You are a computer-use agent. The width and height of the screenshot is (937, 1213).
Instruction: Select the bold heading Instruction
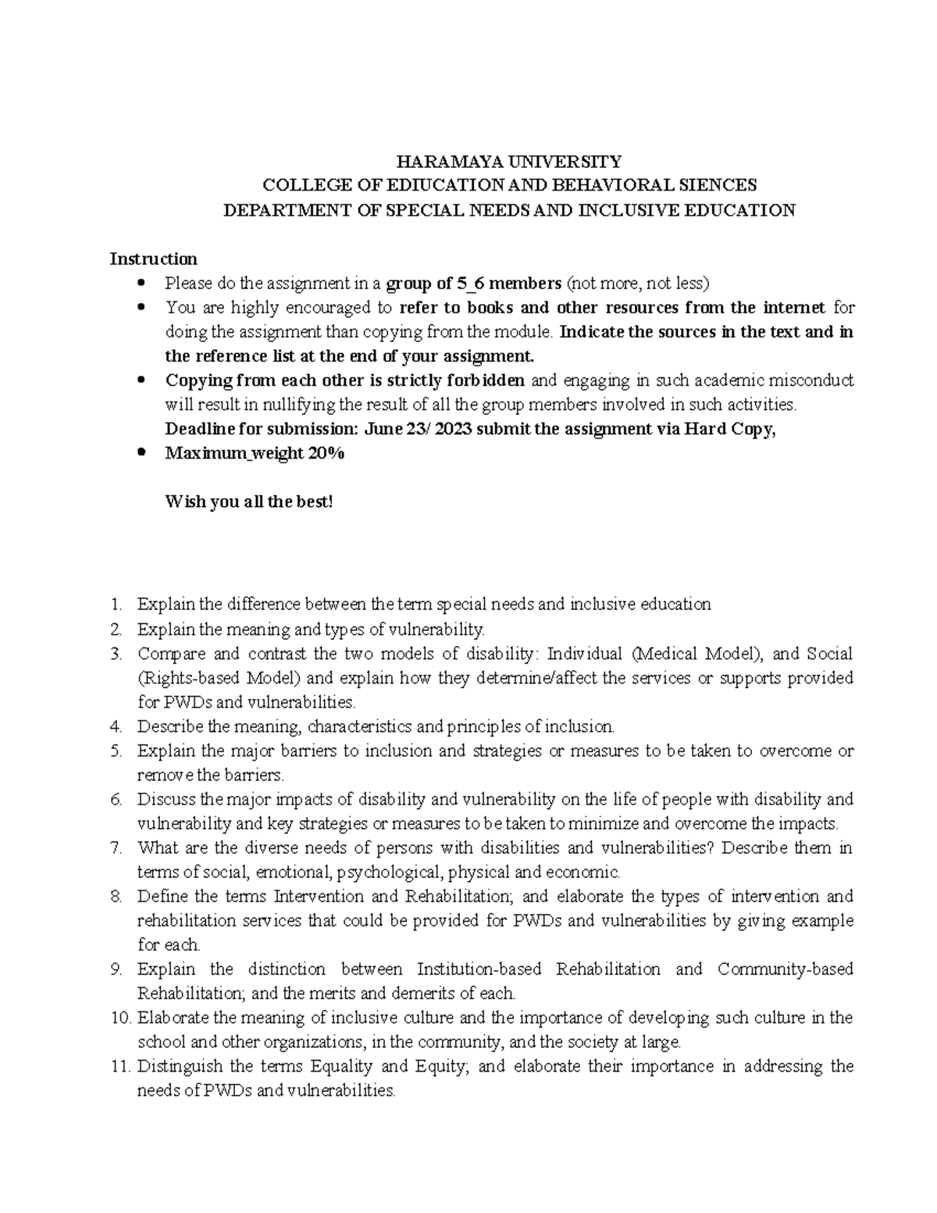(x=153, y=259)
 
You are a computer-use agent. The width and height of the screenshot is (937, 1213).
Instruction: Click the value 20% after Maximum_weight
(x=325, y=453)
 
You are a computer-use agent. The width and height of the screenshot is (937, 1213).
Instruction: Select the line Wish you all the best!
(x=248, y=501)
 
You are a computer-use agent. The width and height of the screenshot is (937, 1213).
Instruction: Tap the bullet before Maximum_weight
(x=141, y=453)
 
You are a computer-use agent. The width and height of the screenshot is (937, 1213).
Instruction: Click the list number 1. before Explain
(x=117, y=605)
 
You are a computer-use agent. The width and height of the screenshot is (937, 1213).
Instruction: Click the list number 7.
(x=117, y=847)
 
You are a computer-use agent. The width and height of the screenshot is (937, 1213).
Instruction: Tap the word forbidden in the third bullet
(x=491, y=380)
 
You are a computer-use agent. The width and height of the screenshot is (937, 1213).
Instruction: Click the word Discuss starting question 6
(x=168, y=799)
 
